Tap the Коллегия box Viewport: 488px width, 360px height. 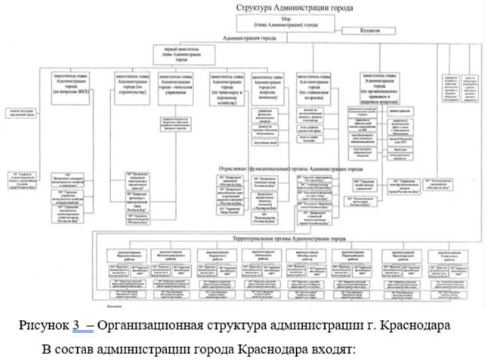tap(369, 30)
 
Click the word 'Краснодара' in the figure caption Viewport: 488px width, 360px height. tap(419, 325)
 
